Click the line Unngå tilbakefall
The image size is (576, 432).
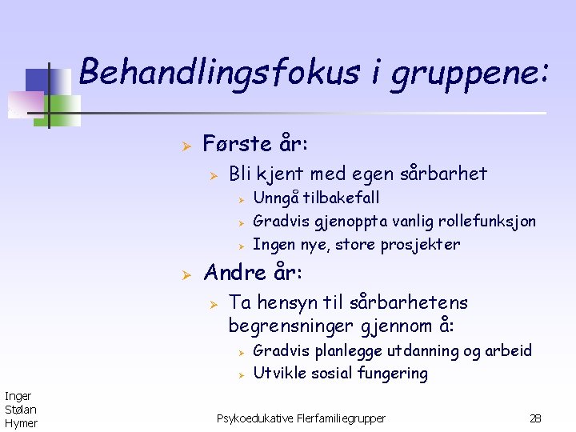316,198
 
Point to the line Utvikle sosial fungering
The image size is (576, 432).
340,373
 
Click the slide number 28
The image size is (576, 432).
535,418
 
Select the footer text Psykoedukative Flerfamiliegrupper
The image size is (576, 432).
301,418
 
